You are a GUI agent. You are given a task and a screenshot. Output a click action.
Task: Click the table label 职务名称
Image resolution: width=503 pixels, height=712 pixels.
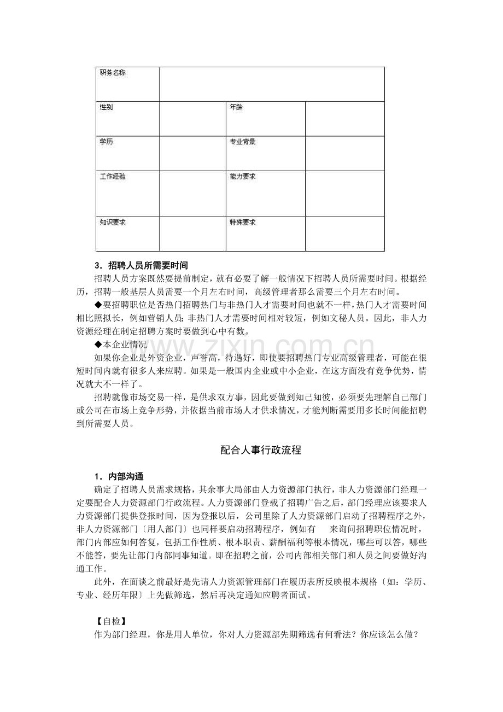[x=112, y=73]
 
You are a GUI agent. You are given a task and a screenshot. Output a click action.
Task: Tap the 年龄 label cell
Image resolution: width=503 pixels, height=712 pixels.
[x=236, y=107]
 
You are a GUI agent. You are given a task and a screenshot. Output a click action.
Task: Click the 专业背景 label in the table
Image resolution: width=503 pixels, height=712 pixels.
[x=242, y=142]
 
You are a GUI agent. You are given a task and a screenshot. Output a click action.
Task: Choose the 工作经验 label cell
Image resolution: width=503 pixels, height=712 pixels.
[x=112, y=177]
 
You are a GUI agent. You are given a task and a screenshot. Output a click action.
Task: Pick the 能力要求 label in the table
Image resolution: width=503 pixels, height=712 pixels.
[x=242, y=177]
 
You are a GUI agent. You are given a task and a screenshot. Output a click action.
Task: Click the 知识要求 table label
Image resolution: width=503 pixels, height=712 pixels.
[x=112, y=222]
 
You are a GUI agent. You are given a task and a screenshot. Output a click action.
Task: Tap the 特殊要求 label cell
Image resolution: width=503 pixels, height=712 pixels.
[x=242, y=222]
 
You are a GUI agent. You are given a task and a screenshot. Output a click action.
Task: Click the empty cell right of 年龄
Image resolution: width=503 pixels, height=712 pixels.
[x=344, y=119]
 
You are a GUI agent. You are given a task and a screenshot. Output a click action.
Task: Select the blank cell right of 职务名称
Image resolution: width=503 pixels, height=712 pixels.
[x=272, y=84]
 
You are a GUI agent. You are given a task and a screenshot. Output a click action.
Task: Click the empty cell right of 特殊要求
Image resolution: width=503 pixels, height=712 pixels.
[x=344, y=234]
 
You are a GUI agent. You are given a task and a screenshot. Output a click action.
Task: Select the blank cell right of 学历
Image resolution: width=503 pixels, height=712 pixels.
[x=192, y=153]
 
